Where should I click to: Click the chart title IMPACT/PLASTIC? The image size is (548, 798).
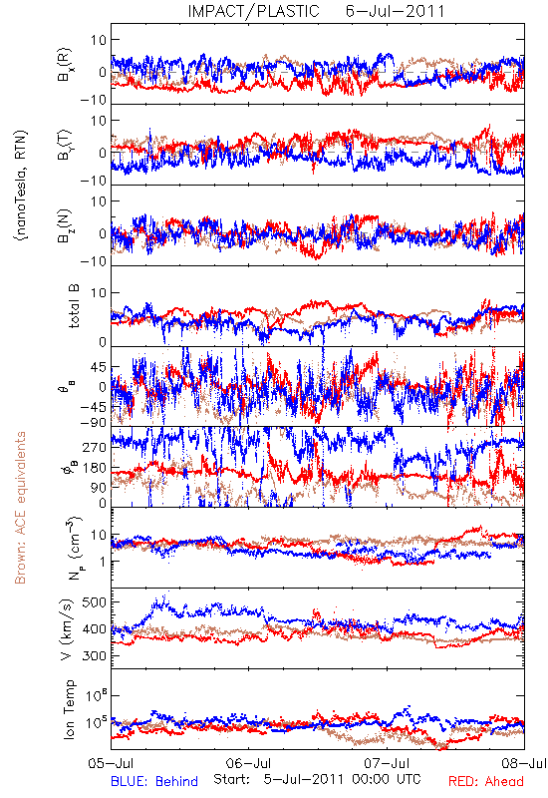point(253,11)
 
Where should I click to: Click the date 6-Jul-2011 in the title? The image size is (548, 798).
point(395,11)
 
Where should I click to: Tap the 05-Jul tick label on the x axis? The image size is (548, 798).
point(111,763)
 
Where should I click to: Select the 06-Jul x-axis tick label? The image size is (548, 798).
point(248,763)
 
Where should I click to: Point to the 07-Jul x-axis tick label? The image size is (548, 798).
point(387,763)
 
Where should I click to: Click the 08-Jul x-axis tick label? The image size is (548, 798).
point(524,763)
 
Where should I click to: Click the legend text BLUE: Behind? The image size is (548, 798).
point(154,781)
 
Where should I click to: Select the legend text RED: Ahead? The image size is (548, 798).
point(486,781)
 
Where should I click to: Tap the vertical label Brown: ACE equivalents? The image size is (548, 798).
point(20,508)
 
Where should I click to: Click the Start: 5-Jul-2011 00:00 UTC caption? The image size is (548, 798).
point(317,779)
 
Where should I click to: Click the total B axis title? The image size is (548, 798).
point(74,306)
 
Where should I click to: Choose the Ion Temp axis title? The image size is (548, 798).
point(69,709)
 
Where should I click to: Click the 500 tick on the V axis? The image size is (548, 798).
point(94,602)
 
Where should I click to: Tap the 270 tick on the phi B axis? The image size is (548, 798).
point(94,447)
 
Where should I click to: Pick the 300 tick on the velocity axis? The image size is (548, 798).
point(94,655)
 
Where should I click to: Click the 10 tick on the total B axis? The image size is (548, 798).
point(99,292)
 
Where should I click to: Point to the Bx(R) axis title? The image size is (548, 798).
point(65,64)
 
